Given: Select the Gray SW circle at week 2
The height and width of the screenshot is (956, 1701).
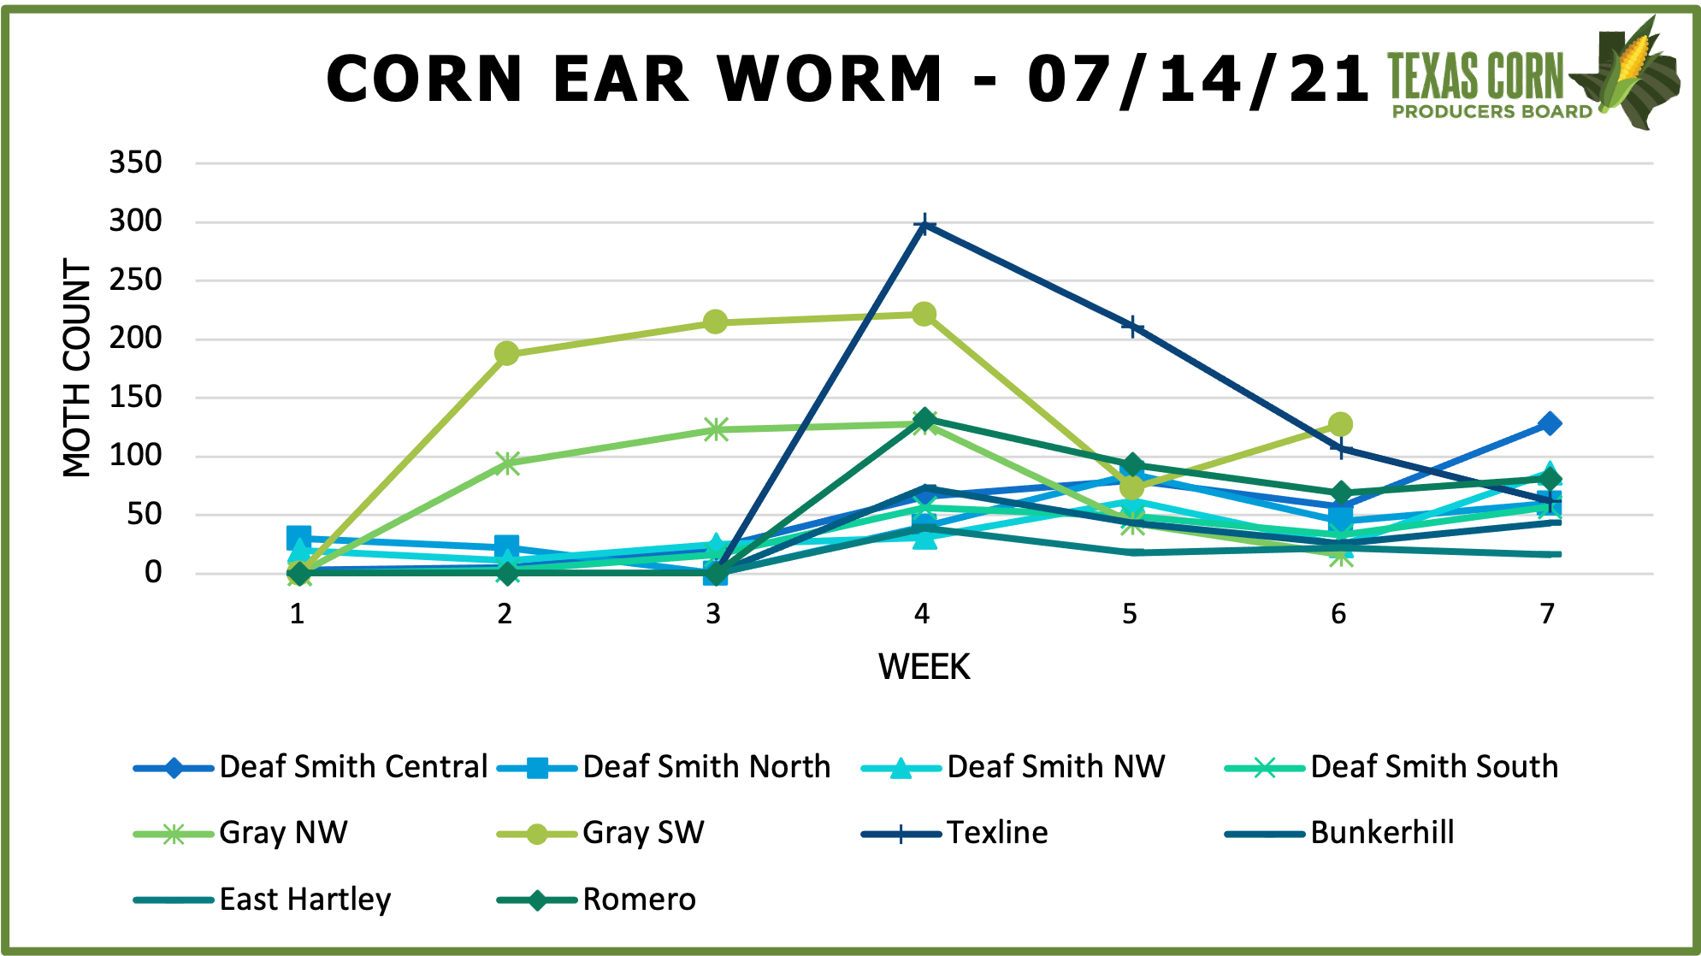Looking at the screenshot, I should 506,353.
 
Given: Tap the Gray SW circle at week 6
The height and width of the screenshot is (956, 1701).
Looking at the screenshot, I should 1340,424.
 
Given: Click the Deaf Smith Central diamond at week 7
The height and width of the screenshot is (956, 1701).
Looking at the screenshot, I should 1549,423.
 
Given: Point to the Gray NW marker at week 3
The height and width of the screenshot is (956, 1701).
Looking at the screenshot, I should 716,429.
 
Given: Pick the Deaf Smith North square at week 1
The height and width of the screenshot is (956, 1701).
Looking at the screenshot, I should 298,538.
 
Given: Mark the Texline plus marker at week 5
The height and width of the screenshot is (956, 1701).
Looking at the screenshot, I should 1132,327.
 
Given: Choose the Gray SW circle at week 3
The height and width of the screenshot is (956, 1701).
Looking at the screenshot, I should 715,322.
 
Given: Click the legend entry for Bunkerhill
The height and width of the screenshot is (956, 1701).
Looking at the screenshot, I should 1381,833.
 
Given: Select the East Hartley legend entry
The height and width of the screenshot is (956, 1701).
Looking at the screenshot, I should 304,900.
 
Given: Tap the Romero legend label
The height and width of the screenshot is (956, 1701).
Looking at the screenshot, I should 639,900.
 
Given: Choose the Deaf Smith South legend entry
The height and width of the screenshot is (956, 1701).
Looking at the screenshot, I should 1433,767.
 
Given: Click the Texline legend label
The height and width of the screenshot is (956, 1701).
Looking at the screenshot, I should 996,833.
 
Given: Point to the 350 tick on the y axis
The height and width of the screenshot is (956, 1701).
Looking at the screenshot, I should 135,162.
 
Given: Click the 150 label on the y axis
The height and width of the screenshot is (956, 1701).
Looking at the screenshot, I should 135,398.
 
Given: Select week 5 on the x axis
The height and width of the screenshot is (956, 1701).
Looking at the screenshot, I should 1130,614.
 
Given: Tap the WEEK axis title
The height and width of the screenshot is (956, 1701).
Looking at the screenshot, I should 924,667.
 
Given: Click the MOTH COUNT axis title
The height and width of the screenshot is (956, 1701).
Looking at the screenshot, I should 77,368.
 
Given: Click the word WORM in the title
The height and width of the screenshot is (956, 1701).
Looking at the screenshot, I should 830,80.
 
